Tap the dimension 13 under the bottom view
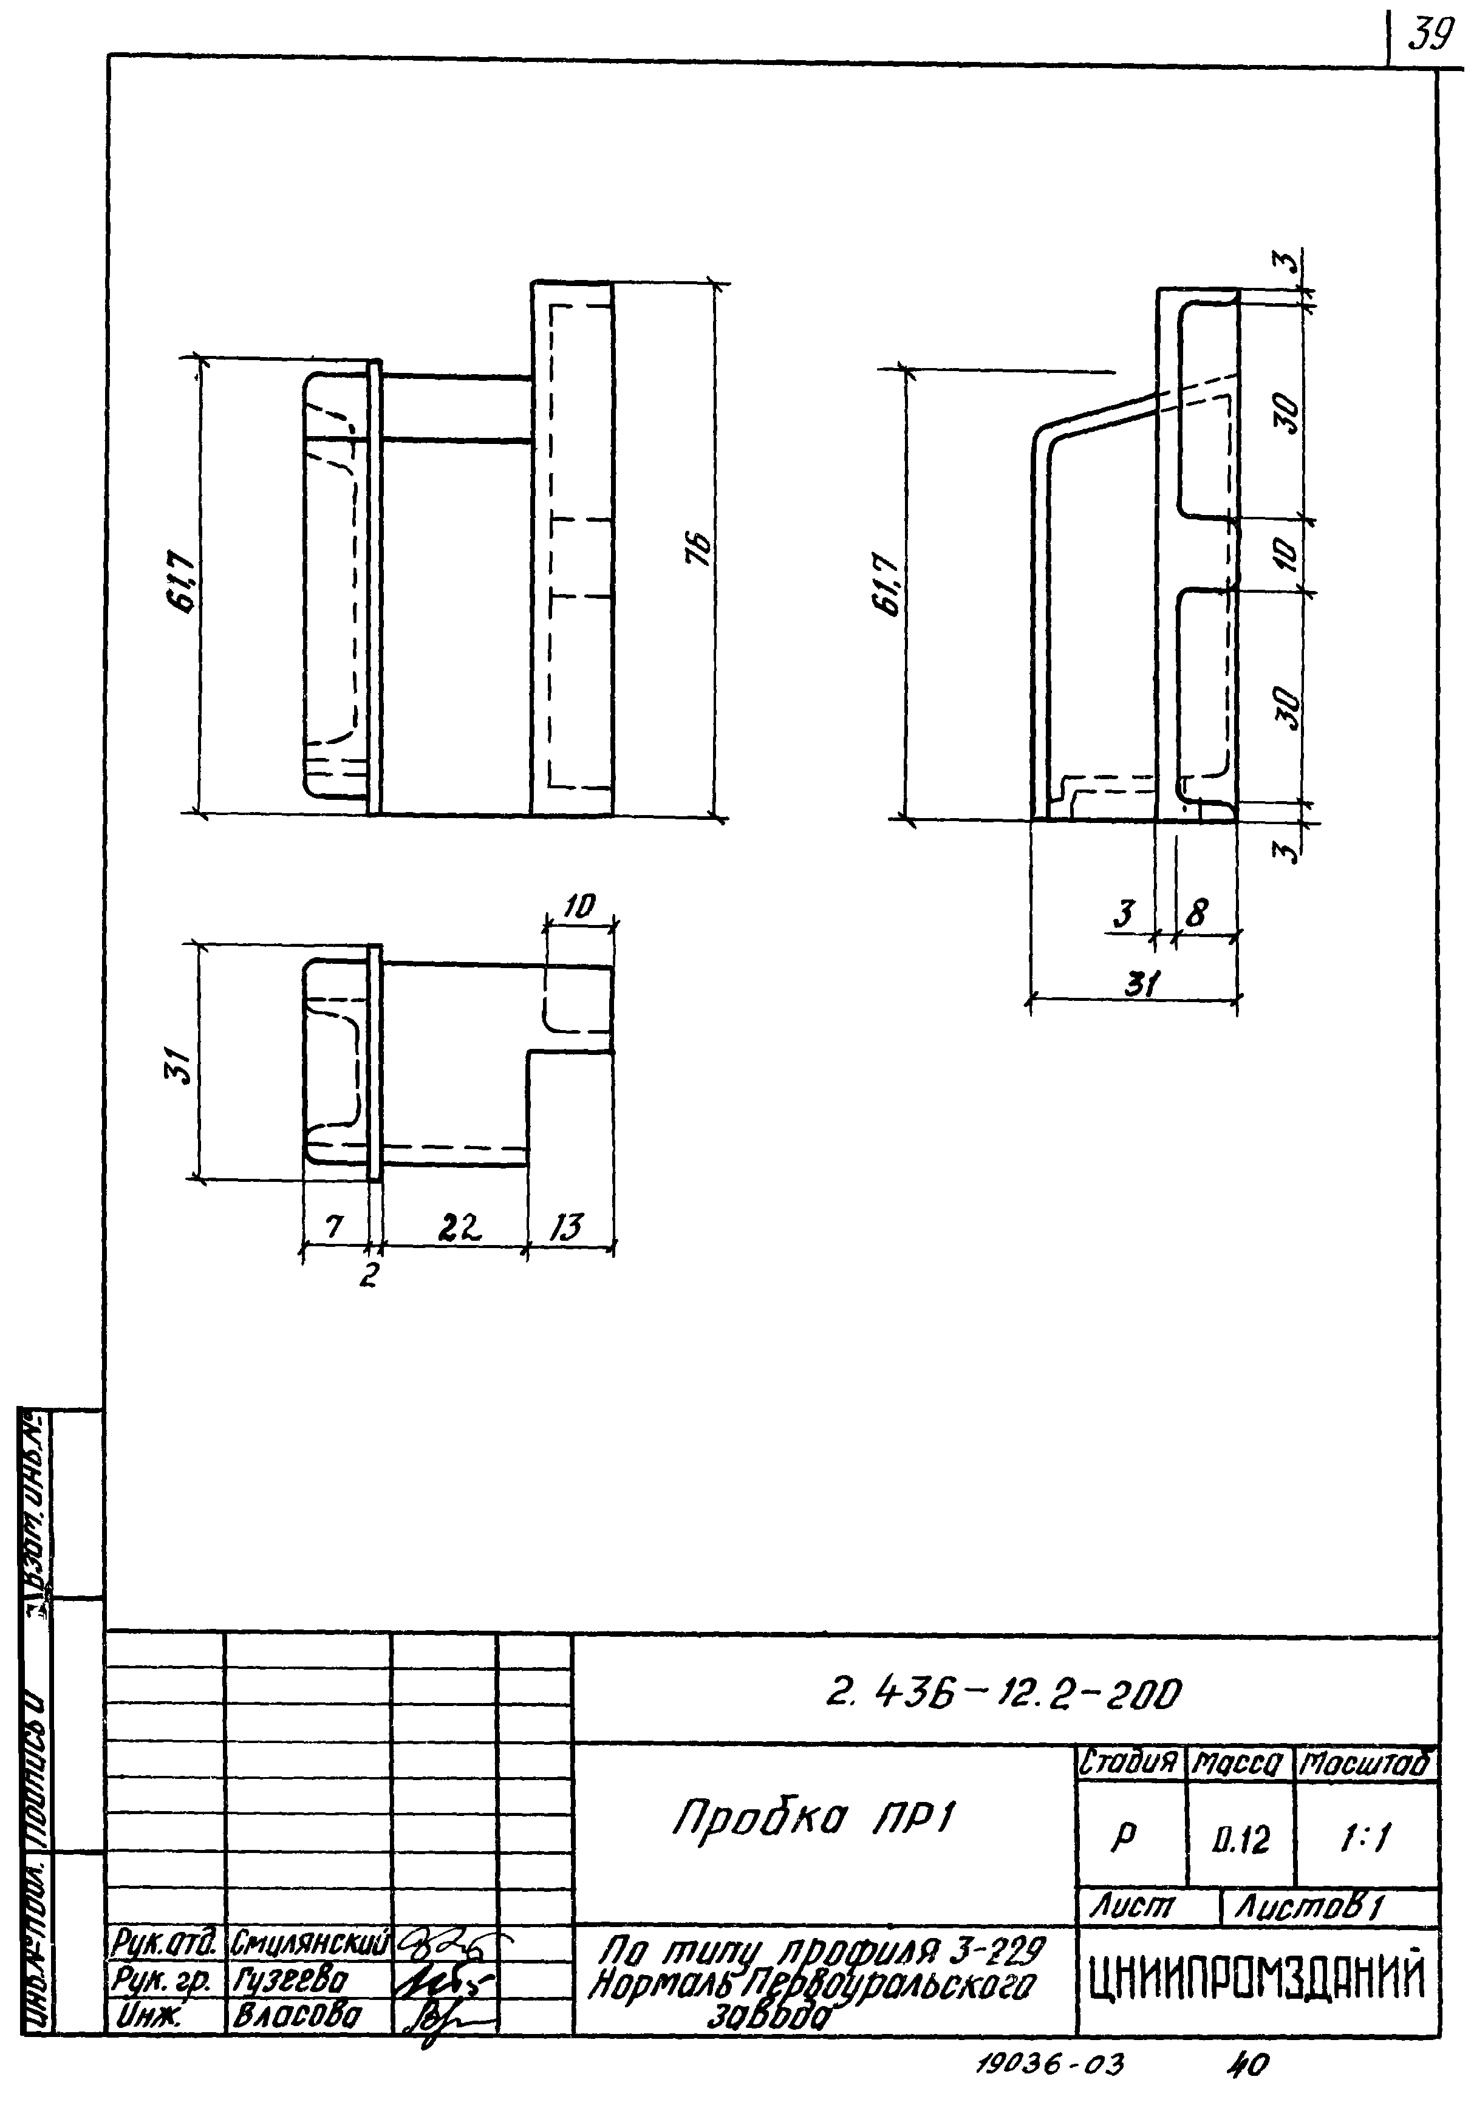click(x=567, y=1227)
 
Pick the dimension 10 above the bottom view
click(x=579, y=906)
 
